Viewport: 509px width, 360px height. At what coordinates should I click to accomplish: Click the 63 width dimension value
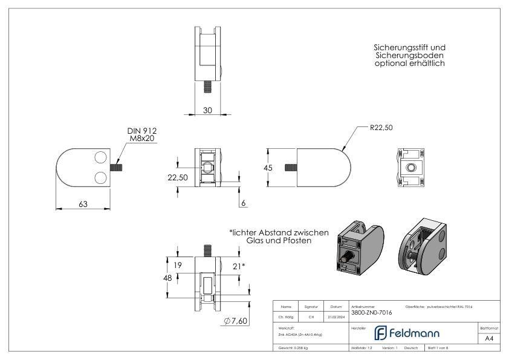point(82,204)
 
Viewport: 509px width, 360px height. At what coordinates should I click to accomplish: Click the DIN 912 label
point(141,130)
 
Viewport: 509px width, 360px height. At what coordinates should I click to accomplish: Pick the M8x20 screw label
point(141,138)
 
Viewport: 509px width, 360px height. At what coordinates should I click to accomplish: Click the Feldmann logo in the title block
point(409,332)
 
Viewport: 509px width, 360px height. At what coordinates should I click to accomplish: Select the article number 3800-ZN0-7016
point(371,313)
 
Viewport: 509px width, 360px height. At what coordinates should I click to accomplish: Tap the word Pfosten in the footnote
point(297,240)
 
